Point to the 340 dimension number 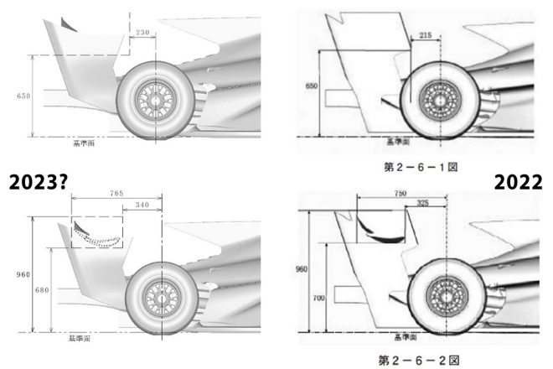coord(142,205)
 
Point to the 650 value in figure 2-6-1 coord(313,86)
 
